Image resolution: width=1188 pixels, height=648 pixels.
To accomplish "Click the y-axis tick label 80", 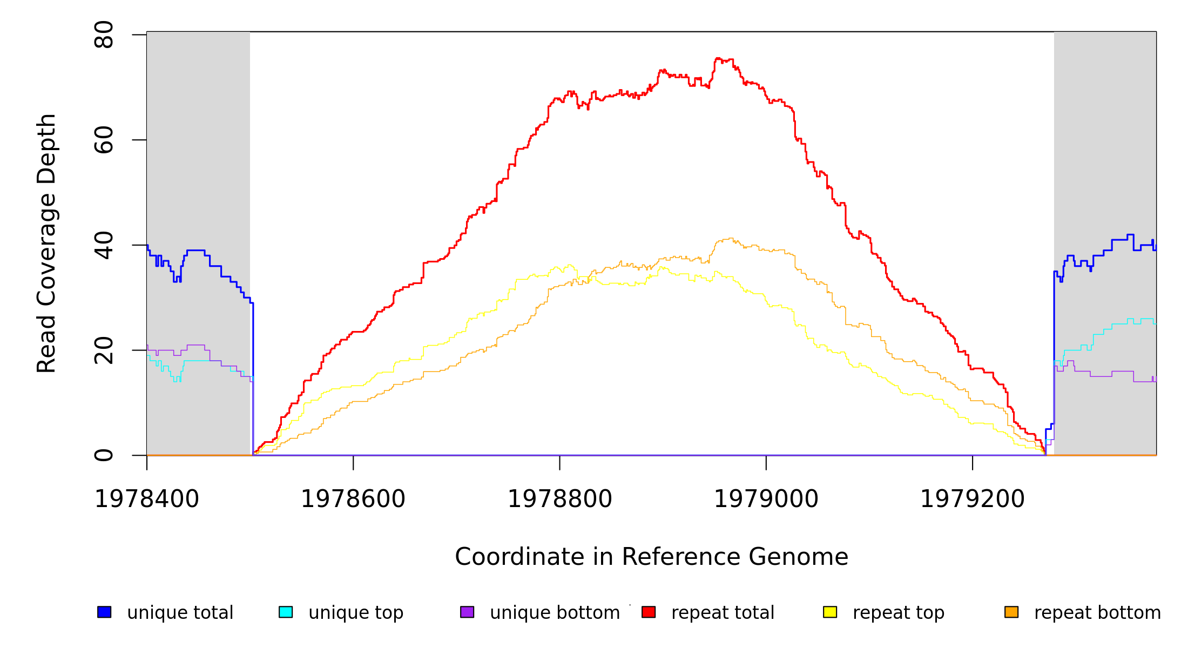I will coord(104,35).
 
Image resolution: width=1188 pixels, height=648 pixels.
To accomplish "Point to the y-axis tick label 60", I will coord(104,140).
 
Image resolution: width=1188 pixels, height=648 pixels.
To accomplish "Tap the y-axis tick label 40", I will coord(104,245).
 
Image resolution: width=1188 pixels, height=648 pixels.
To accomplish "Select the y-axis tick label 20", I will coord(104,350).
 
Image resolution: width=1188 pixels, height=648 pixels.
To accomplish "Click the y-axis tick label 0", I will coord(104,455).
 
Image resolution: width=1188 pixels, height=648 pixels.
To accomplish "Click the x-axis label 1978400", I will coord(147,499).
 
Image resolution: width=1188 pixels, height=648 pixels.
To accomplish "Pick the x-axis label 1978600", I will coord(353,499).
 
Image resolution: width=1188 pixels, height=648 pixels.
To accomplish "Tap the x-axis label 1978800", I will coord(560,499).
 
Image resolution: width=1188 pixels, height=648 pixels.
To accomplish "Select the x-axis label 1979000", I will coord(766,499).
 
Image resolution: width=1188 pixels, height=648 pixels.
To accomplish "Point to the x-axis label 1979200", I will coord(973,499).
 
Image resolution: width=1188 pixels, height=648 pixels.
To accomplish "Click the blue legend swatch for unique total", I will coord(104,612).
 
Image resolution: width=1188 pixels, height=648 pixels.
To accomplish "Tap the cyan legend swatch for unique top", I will coord(286,612).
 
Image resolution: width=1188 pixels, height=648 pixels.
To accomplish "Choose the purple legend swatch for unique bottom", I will coord(467,612).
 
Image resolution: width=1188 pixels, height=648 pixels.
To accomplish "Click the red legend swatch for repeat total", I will coord(649,612).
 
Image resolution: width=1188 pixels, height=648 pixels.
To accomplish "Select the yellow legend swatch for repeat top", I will coord(830,612).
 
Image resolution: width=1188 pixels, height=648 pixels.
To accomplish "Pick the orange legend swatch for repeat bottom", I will coord(1011,612).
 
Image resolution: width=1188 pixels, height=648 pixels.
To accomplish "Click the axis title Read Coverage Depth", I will coord(46,243).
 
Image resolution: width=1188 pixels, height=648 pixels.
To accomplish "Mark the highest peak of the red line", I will coord(718,58).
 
